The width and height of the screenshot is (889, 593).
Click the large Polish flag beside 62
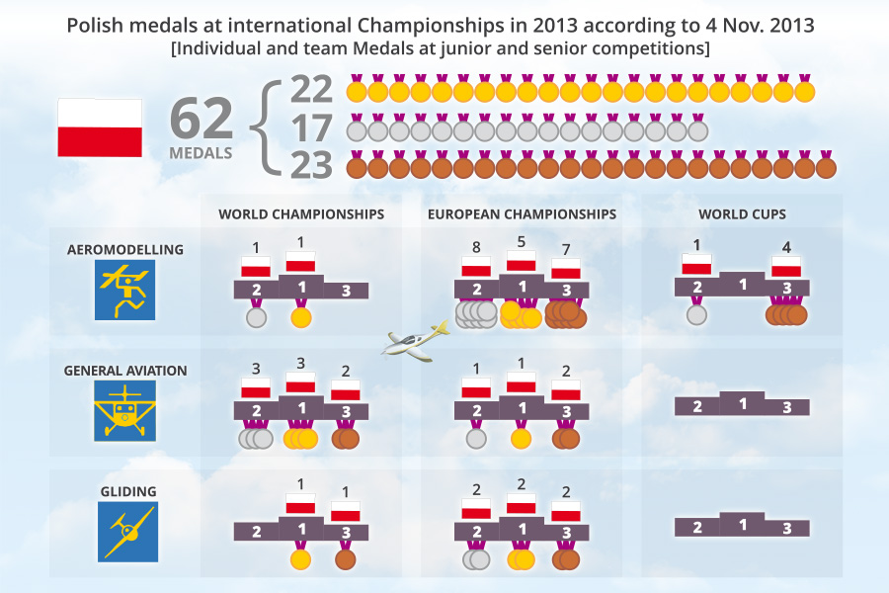[100, 127]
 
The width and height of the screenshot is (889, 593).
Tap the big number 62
[202, 118]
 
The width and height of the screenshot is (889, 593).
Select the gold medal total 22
[312, 90]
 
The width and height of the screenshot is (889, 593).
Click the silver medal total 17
[312, 128]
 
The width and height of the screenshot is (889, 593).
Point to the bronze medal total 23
[312, 166]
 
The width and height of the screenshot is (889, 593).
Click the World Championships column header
[301, 213]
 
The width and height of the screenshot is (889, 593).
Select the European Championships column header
[522, 213]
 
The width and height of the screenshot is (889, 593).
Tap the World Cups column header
[742, 213]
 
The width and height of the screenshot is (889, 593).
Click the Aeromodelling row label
[125, 249]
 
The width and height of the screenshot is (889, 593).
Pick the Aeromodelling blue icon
[125, 290]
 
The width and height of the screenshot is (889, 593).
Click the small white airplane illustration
[415, 342]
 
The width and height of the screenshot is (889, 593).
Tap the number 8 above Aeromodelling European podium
[476, 248]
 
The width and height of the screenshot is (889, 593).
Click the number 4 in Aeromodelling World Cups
[786, 248]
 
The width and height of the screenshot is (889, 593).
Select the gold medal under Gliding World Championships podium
[301, 558]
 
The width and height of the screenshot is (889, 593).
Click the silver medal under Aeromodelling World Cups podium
[696, 315]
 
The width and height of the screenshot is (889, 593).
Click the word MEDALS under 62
[201, 153]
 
